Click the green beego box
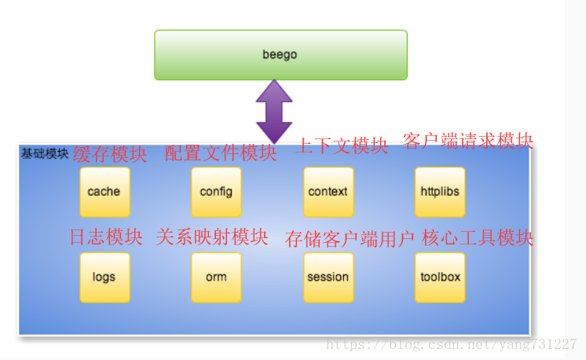(280, 55)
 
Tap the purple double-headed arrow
(274, 112)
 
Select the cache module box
(105, 192)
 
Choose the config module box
(216, 192)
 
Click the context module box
(328, 192)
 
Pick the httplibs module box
(440, 192)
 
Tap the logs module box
(105, 277)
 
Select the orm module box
(216, 277)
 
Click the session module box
(328, 277)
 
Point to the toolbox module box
(440, 277)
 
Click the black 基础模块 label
(45, 153)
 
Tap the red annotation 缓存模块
(110, 154)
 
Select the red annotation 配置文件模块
(221, 153)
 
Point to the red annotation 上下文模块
(342, 145)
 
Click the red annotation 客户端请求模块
(468, 141)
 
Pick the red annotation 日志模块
(106, 237)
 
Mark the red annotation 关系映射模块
(212, 237)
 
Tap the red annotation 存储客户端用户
(350, 239)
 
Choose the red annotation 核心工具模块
(478, 237)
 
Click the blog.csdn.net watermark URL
(452, 344)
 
